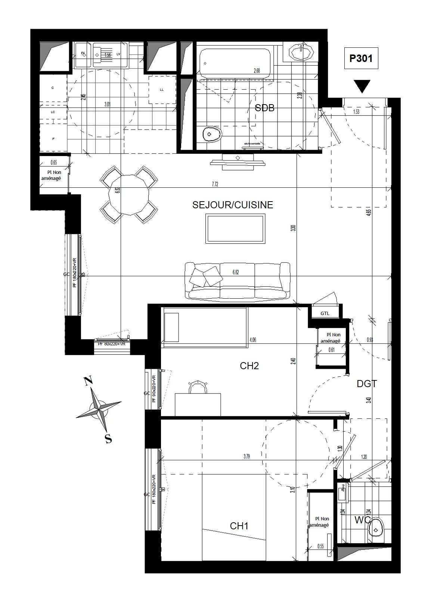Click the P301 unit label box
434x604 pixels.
[x=361, y=59]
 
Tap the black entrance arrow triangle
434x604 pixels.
[x=363, y=87]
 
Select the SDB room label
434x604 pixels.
[x=264, y=108]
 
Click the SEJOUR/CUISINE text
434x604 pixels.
[x=233, y=205]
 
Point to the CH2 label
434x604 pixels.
[x=249, y=366]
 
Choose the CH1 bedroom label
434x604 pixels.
[x=239, y=526]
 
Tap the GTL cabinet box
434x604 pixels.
[x=325, y=313]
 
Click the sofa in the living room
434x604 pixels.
[x=238, y=281]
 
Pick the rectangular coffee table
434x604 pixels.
[x=236, y=228]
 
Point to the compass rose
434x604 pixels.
[x=99, y=409]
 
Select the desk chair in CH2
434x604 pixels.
[x=198, y=387]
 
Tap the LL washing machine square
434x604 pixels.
[x=162, y=90]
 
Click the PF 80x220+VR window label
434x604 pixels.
[x=111, y=344]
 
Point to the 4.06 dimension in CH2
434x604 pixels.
[x=253, y=340]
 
